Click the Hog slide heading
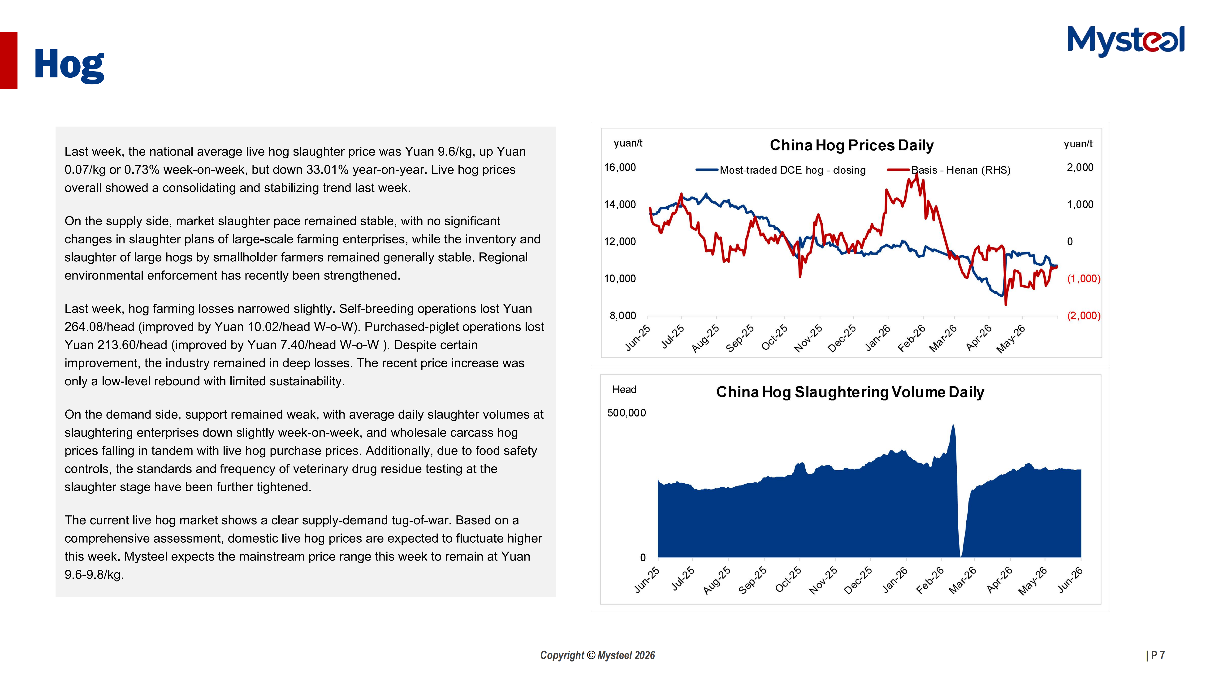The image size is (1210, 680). pyautogui.click(x=69, y=65)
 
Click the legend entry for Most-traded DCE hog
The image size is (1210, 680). pyautogui.click(x=781, y=170)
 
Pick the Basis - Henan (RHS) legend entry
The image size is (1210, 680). pyautogui.click(x=949, y=170)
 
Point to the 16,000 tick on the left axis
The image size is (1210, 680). pyautogui.click(x=620, y=168)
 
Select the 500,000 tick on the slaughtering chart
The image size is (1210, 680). pyautogui.click(x=627, y=413)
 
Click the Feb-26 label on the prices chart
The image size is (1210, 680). pyautogui.click(x=911, y=338)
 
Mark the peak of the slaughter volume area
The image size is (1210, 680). pyautogui.click(x=953, y=425)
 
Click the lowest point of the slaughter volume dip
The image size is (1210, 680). pyautogui.click(x=962, y=556)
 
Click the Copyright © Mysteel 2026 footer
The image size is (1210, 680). pyautogui.click(x=597, y=655)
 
